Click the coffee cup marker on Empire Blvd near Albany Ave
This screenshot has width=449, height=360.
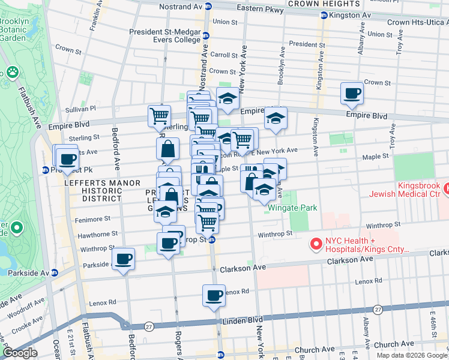point(352,93)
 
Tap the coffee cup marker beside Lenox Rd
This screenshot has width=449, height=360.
point(214,295)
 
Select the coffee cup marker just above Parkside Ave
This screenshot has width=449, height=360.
point(123,259)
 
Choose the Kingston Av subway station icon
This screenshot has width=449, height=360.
point(324,15)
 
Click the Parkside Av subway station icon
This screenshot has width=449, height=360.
point(55,272)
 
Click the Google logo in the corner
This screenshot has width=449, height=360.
point(20,353)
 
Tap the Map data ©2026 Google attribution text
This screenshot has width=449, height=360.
point(412,355)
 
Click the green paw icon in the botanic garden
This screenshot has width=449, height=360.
point(13,72)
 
